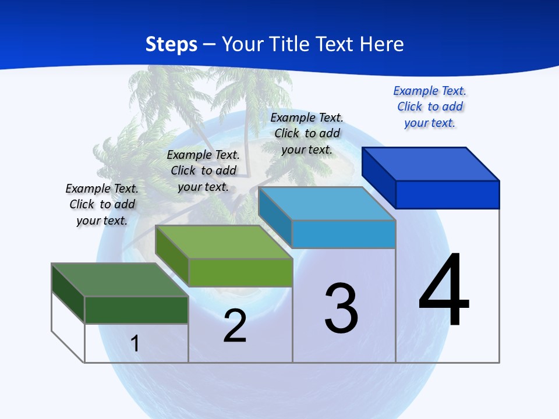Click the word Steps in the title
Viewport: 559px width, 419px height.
pyautogui.click(x=171, y=44)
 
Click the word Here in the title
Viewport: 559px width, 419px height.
pyautogui.click(x=381, y=44)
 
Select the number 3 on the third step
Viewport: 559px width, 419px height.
pyautogui.click(x=341, y=308)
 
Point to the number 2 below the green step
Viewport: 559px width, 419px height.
pyautogui.click(x=235, y=326)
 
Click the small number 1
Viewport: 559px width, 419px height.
pyautogui.click(x=135, y=343)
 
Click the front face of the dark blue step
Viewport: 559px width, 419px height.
pyautogui.click(x=447, y=194)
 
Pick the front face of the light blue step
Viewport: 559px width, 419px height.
pyautogui.click(x=344, y=234)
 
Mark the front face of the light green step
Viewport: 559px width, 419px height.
pyautogui.click(x=240, y=272)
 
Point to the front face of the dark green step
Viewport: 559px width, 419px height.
pyautogui.click(x=136, y=310)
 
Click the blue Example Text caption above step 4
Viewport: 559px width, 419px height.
pyautogui.click(x=430, y=106)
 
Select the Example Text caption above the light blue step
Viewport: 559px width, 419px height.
pyautogui.click(x=307, y=133)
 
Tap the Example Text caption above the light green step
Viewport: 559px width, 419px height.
pyautogui.click(x=203, y=171)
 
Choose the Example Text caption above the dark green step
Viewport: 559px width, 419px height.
pyautogui.click(x=102, y=204)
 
